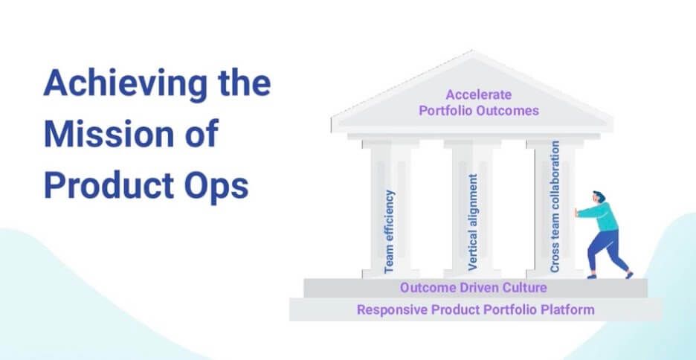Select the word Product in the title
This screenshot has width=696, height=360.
tap(109, 184)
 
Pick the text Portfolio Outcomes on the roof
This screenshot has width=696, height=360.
tap(479, 111)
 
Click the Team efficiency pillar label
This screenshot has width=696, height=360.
tap(389, 231)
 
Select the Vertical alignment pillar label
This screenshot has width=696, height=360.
tap(473, 222)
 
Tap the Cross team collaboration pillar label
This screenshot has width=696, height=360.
tap(555, 207)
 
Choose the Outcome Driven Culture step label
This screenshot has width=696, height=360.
tap(473, 288)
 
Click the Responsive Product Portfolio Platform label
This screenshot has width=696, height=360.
tap(475, 309)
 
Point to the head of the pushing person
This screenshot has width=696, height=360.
tap(599, 197)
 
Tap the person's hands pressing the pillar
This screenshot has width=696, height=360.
tap(576, 212)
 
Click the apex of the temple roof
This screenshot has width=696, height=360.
tap(472, 51)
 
